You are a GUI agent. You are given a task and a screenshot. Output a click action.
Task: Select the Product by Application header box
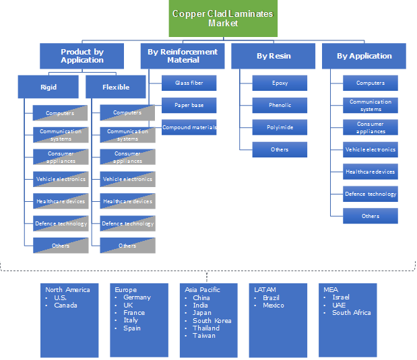[82, 56]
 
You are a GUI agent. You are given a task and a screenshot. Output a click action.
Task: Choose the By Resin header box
[273, 56]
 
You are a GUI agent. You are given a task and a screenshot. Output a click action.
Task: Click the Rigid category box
[49, 87]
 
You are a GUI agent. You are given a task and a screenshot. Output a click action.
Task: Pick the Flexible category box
[116, 87]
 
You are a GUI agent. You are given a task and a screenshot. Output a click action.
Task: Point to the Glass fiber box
[189, 83]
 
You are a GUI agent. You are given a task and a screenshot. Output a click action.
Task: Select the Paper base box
[189, 106]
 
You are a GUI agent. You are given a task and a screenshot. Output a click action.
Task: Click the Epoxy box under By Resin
[280, 83]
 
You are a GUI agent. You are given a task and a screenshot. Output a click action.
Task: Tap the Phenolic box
[280, 106]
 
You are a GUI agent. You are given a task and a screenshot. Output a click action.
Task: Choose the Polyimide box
[280, 127]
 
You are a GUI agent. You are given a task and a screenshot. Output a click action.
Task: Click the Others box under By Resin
[280, 149]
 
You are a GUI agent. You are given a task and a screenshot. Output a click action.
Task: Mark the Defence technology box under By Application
[371, 194]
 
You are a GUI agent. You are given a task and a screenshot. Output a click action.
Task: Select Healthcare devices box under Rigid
[61, 201]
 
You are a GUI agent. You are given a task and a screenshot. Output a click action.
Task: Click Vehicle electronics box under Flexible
[127, 180]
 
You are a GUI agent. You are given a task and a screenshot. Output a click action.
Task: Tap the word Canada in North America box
[65, 305]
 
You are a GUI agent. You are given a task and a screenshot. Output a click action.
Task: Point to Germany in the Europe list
[137, 297]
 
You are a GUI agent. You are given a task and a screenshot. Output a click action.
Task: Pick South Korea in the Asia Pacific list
[212, 320]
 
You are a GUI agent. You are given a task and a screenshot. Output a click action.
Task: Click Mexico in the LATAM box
[274, 305]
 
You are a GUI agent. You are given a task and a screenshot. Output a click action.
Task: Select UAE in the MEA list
[340, 305]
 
